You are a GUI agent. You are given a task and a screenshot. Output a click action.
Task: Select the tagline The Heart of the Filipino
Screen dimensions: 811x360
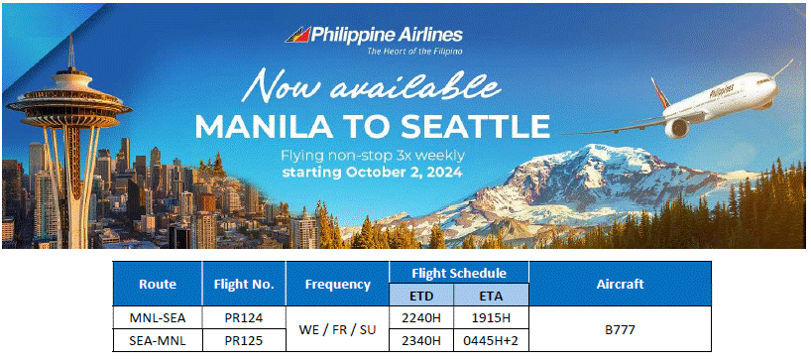[414, 52]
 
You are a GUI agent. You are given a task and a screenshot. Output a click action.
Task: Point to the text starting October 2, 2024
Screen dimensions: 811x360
[372, 173]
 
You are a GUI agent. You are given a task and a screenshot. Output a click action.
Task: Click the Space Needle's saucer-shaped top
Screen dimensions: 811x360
[68, 101]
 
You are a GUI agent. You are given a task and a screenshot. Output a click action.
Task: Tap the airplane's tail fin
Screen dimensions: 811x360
[660, 93]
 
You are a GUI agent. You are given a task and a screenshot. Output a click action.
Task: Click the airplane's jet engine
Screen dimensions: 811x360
[677, 127]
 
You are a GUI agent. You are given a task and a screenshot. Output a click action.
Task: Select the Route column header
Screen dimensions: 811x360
[158, 284]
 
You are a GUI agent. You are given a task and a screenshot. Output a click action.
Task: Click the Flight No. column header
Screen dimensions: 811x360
[244, 284]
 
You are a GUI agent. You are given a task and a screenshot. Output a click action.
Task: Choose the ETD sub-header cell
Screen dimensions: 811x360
[421, 295]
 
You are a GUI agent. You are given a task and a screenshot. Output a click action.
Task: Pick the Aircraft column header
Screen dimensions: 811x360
[620, 284]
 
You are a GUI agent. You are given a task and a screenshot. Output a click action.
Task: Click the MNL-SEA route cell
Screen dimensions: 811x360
[158, 317]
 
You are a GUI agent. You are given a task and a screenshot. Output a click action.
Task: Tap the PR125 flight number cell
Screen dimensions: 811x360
[244, 341]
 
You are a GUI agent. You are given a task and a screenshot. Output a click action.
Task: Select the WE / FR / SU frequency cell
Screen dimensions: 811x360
[337, 329]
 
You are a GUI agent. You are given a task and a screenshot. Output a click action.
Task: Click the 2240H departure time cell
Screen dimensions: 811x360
[421, 317]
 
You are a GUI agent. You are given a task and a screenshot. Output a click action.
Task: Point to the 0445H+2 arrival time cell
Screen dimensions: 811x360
[492, 341]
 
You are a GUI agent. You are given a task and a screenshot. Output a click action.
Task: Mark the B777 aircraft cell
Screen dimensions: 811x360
[620, 329]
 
